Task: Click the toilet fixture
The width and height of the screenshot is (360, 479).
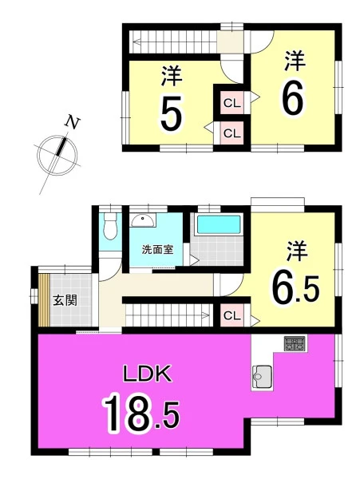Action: click(110, 226)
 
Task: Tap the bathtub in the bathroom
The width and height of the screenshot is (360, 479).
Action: click(219, 224)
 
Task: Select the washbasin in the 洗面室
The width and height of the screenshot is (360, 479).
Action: click(142, 220)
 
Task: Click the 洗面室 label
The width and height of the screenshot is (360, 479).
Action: click(157, 250)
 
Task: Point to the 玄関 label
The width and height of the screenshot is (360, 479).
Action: click(65, 301)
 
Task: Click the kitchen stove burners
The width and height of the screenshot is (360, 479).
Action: click(294, 343)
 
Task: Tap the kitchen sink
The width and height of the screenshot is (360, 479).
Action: click(262, 378)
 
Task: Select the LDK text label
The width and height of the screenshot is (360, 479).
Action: click(147, 374)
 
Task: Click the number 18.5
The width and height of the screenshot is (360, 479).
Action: click(141, 414)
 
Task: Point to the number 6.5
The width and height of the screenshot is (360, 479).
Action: click(295, 289)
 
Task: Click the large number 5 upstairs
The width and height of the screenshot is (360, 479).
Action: click(171, 113)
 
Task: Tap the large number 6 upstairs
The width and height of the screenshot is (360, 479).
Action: click(292, 97)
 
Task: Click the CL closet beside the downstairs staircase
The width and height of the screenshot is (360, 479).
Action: click(232, 315)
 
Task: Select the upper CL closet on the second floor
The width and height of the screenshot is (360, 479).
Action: click(232, 103)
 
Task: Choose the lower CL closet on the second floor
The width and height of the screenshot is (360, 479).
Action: click(232, 133)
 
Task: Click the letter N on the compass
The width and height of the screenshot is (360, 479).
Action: click(72, 122)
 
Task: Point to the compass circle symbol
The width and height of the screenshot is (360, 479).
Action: click(57, 155)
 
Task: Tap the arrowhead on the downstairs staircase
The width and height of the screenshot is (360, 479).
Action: click(205, 315)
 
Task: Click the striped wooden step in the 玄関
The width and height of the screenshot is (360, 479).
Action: click(44, 300)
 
